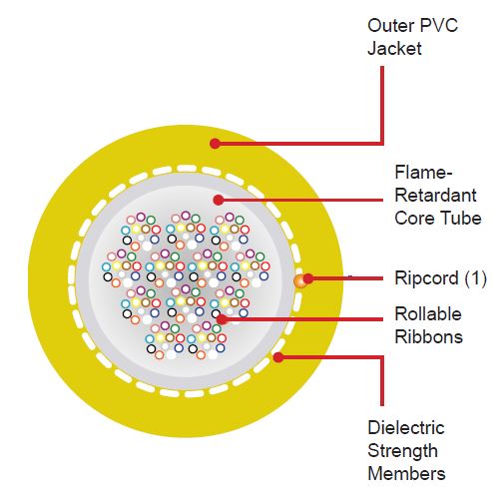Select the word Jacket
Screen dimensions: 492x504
(x=394, y=49)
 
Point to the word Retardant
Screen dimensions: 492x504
(x=435, y=196)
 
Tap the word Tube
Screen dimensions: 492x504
(x=461, y=219)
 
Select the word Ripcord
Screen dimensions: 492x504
(x=426, y=278)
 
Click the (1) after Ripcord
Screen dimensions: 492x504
(x=475, y=278)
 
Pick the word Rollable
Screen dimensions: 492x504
(x=428, y=314)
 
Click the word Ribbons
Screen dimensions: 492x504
(x=429, y=337)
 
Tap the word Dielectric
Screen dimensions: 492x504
(x=406, y=428)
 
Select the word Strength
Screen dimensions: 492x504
(x=402, y=451)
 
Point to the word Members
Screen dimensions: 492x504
(x=406, y=474)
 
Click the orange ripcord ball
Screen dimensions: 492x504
(x=300, y=281)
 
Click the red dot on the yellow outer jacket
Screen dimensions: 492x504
(x=216, y=144)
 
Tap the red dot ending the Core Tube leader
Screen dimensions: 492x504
(x=219, y=200)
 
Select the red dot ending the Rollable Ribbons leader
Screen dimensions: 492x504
(x=222, y=319)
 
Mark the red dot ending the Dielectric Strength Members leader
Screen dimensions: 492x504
(x=278, y=357)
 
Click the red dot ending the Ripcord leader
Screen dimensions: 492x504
(x=308, y=278)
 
